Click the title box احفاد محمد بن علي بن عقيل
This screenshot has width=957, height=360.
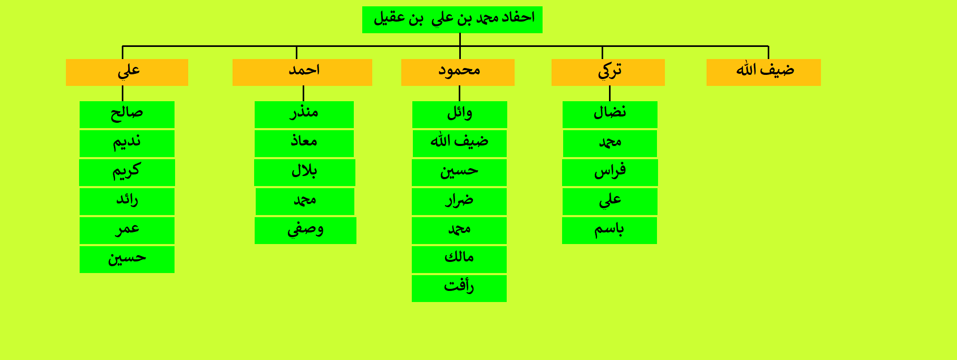452,20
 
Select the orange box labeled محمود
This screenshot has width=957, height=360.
458,72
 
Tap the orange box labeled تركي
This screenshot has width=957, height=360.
608,72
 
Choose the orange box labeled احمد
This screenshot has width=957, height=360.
302,72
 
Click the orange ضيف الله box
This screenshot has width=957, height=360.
763,72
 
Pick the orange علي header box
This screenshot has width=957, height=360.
127,72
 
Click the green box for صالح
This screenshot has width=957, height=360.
127,114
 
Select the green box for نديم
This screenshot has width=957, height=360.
127,143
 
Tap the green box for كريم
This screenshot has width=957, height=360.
127,172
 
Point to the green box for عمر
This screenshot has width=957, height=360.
127,230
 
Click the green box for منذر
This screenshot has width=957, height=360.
304,114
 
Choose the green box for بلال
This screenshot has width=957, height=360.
305,172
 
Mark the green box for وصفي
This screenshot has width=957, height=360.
305,230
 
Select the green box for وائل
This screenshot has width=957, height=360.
460,114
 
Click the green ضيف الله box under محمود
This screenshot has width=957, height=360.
460,143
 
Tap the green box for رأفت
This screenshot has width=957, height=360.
459,288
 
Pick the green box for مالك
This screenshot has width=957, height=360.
459,259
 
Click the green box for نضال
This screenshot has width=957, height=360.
610,114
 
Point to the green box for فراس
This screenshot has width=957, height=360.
610,172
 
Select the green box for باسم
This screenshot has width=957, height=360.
610,230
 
